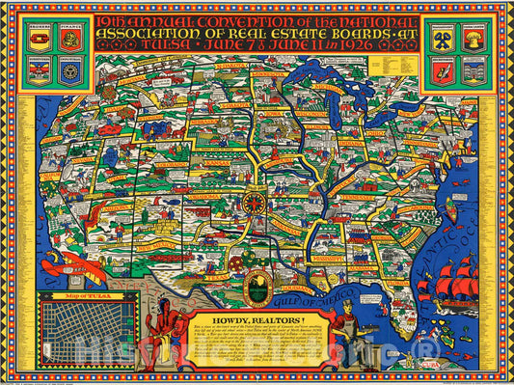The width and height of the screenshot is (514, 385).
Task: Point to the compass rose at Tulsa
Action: point(257,204)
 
